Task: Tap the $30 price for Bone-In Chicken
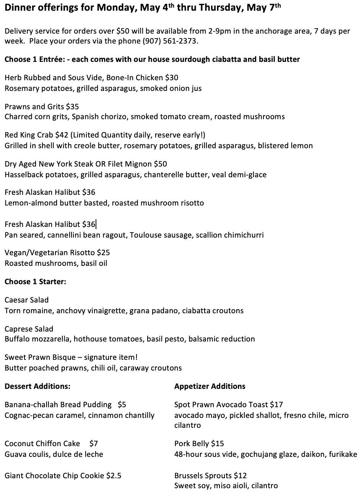[x=172, y=78]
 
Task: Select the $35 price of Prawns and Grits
[x=72, y=107]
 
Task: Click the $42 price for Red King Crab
[x=63, y=135]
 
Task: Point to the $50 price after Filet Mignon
[x=160, y=164]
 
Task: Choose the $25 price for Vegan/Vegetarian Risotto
[x=103, y=252]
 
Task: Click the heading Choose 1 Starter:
[x=36, y=282]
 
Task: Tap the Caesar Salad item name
[x=27, y=300]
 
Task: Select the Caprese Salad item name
[x=29, y=329]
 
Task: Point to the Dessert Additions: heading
[x=37, y=386]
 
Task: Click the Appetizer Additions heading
[x=210, y=386]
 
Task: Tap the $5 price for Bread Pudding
[x=122, y=405]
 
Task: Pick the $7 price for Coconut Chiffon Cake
[x=94, y=443]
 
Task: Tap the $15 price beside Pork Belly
[x=218, y=443]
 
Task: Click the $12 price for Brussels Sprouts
[x=240, y=476]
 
